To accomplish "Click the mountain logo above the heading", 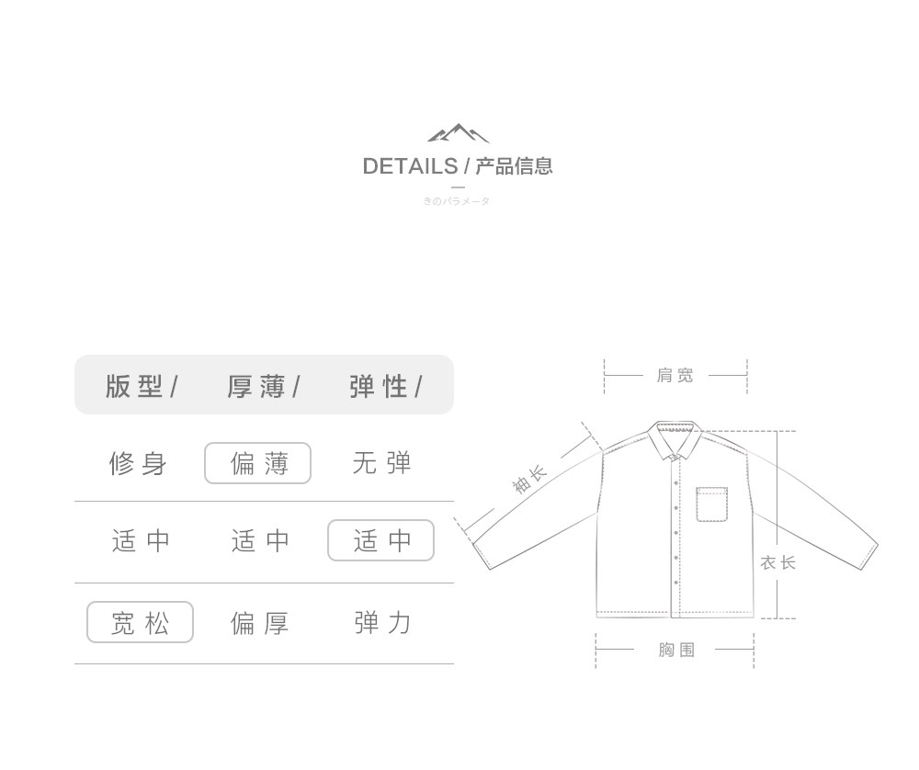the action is (x=459, y=134).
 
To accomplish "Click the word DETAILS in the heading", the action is (x=410, y=166).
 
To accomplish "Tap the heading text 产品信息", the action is (x=514, y=166).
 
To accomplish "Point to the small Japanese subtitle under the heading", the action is (x=457, y=201).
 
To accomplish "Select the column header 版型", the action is (x=134, y=387).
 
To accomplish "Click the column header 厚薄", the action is (x=256, y=387).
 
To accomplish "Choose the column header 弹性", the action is (x=379, y=387).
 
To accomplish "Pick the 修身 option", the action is (x=138, y=464).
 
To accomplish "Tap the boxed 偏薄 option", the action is (x=258, y=464).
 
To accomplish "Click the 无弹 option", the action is (x=381, y=464).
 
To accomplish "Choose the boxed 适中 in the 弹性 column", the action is (x=381, y=541).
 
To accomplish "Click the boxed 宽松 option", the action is (x=140, y=623).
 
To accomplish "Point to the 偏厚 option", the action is (x=259, y=623).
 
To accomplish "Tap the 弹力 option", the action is (x=382, y=623).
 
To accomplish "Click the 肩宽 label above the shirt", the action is (x=675, y=376).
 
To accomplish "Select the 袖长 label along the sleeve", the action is (x=529, y=480).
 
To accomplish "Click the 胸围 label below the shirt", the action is (x=676, y=651).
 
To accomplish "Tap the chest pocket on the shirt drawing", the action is (x=711, y=504).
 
